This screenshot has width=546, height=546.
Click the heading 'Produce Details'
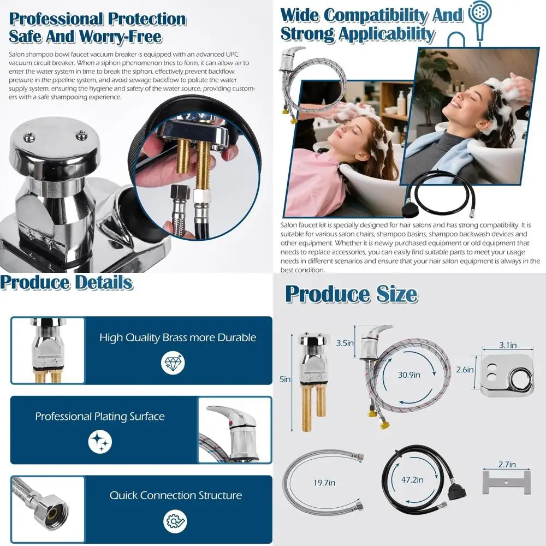coord(67,283)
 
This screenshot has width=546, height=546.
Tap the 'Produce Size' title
coord(351,294)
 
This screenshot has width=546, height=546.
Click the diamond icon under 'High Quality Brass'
coord(174,362)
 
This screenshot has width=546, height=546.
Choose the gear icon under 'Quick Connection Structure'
coord(175,520)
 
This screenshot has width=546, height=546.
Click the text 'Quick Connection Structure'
coord(175,496)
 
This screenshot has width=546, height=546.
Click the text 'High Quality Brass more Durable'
coord(177,337)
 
